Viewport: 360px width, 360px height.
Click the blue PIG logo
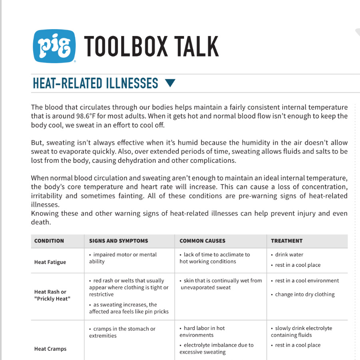54,46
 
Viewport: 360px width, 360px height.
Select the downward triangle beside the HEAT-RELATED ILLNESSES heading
170,83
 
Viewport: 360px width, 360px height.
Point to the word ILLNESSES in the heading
132,83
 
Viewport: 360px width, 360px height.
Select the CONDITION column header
49,241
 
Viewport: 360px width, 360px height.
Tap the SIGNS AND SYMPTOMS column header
118,241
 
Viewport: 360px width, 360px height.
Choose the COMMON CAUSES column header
202,241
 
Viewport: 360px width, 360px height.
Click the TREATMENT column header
287,241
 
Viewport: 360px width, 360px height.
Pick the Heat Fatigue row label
50,262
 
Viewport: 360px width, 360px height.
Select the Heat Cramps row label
50,349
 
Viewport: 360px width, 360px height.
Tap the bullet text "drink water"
289,255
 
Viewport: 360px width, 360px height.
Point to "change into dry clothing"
305,294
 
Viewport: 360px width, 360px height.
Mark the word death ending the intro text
40,222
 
